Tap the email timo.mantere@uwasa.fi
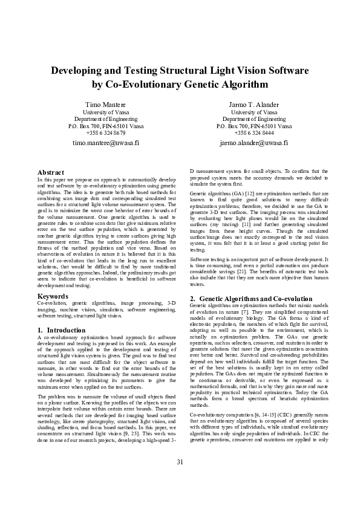(x=106, y=143)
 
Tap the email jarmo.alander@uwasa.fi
(x=254, y=143)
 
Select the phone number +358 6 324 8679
(x=106, y=132)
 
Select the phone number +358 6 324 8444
(x=254, y=132)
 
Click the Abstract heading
(x=51, y=172)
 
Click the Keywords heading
(x=53, y=296)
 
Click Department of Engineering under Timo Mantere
(x=106, y=119)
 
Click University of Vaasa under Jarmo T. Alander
(x=254, y=112)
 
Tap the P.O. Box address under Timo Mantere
(x=106, y=126)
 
